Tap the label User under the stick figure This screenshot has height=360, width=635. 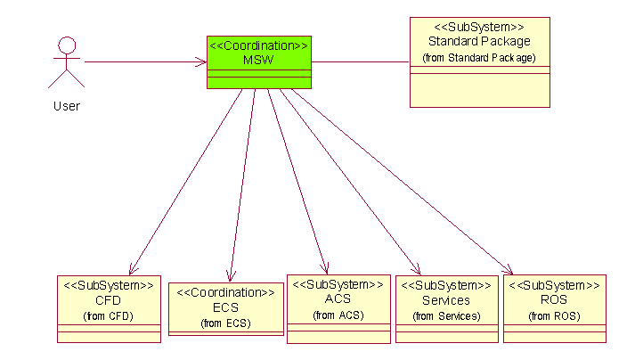click(66, 106)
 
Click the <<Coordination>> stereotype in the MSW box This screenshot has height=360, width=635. click(258, 45)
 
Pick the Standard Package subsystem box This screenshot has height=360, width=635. click(479, 62)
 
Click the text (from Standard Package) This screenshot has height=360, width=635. click(479, 58)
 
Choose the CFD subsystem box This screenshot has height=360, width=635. click(109, 308)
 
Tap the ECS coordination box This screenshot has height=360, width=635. click(225, 307)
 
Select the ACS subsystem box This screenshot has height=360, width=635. click(338, 308)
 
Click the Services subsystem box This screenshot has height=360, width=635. click(446, 308)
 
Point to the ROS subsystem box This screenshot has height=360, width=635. click(554, 308)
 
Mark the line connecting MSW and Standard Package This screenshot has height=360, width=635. click(361, 62)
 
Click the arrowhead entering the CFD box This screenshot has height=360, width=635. click(132, 269)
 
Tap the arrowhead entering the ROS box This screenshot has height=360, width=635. click(509, 271)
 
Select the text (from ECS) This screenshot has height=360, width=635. click(225, 323)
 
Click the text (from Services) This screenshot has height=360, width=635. click(446, 316)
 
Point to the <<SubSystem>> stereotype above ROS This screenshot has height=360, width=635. click(554, 285)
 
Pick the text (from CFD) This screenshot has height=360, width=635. click(109, 316)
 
